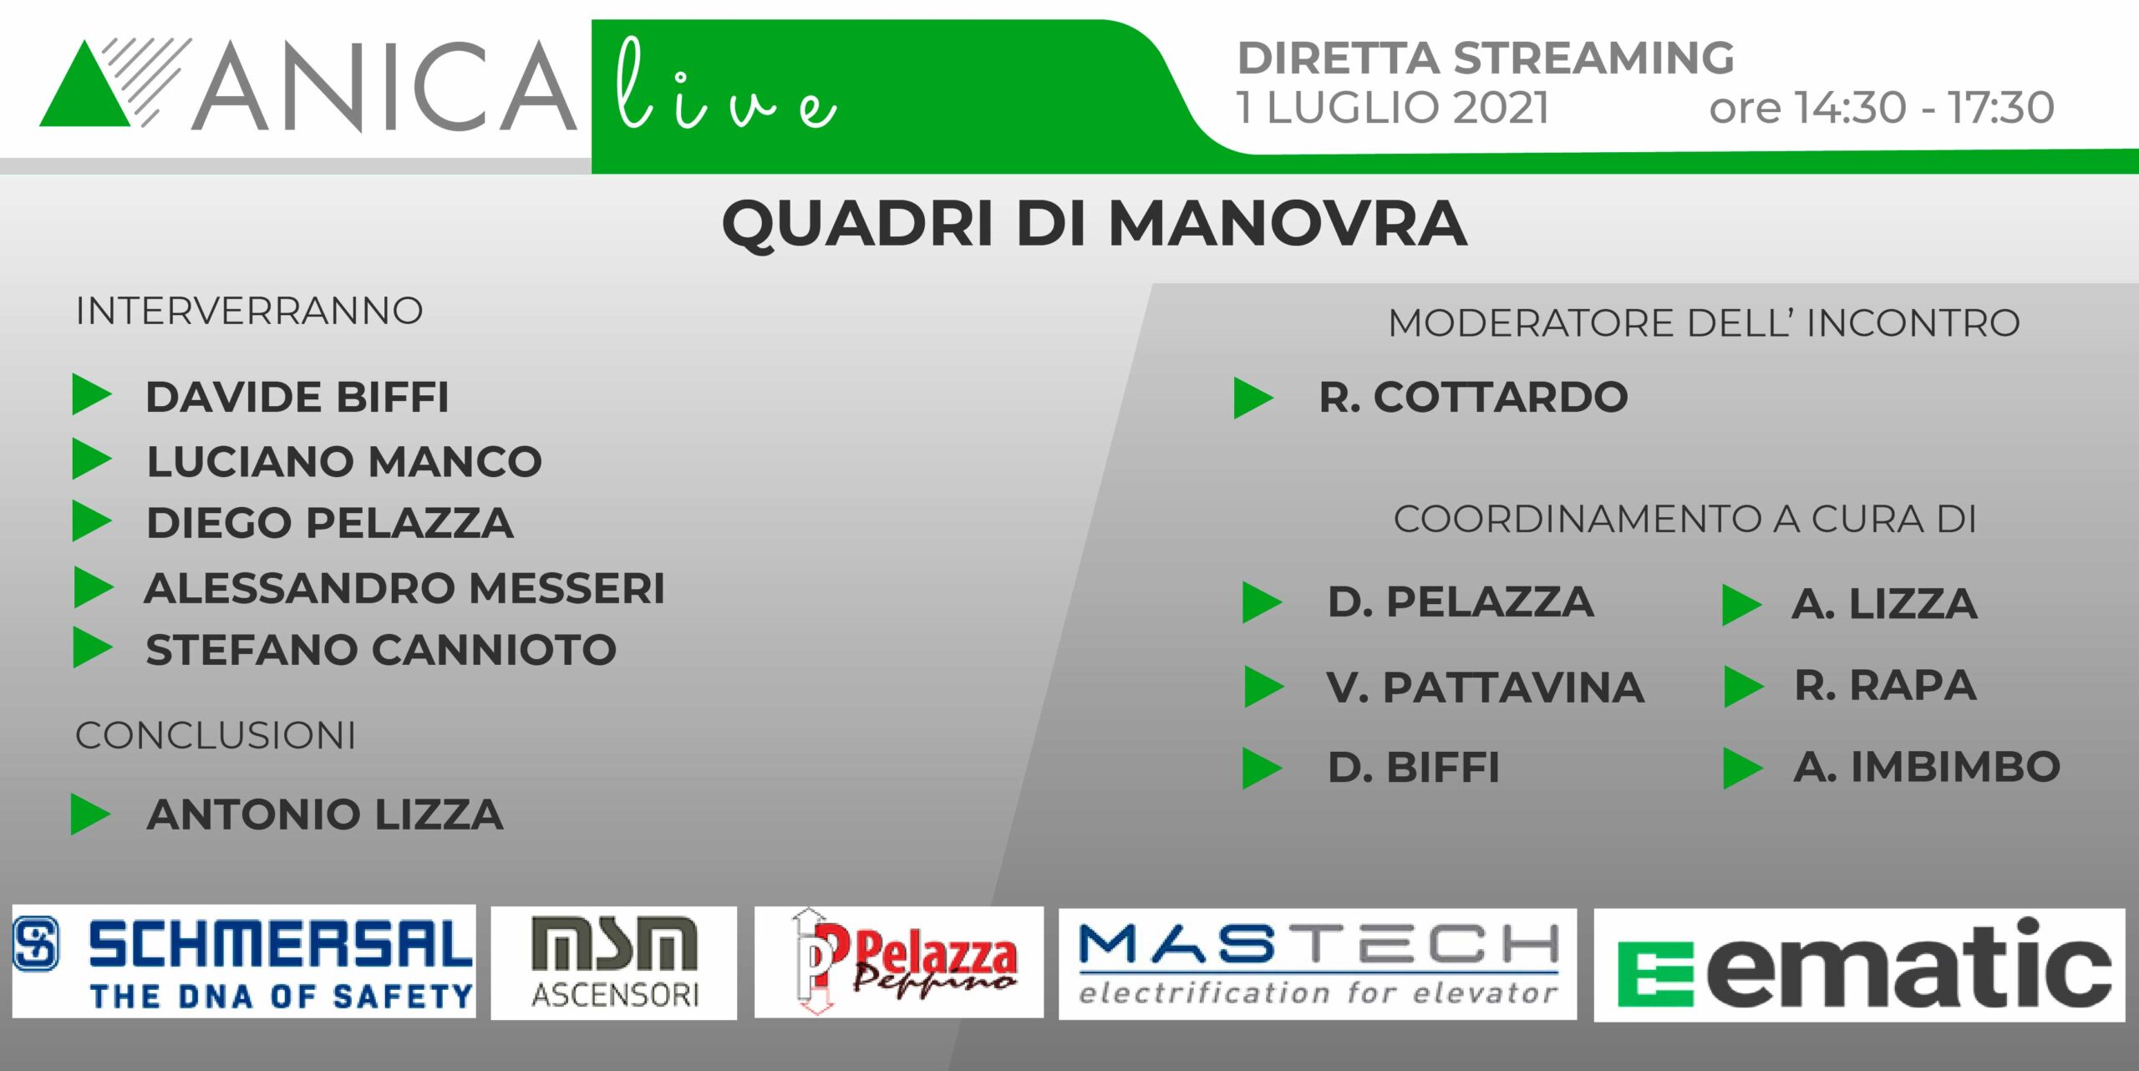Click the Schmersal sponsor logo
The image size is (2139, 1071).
click(244, 962)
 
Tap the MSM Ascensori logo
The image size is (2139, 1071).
click(614, 963)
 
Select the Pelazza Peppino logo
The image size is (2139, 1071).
click(899, 962)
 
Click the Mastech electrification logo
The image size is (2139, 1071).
click(1318, 964)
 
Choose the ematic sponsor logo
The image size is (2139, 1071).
click(1859, 965)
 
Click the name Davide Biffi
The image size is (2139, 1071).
click(297, 397)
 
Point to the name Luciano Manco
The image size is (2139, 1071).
click(344, 461)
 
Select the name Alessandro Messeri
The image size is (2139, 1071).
click(405, 588)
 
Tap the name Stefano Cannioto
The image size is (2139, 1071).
click(381, 650)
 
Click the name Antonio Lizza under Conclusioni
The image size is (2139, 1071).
click(325, 815)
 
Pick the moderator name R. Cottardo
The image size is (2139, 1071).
click(1474, 397)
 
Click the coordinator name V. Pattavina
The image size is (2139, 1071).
click(1486, 688)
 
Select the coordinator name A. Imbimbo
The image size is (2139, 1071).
click(1927, 767)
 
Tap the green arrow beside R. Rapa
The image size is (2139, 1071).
click(1744, 687)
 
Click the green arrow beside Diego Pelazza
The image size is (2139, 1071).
click(92, 520)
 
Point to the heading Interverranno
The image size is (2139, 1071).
click(249, 311)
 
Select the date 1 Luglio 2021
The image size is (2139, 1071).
click(1393, 108)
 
